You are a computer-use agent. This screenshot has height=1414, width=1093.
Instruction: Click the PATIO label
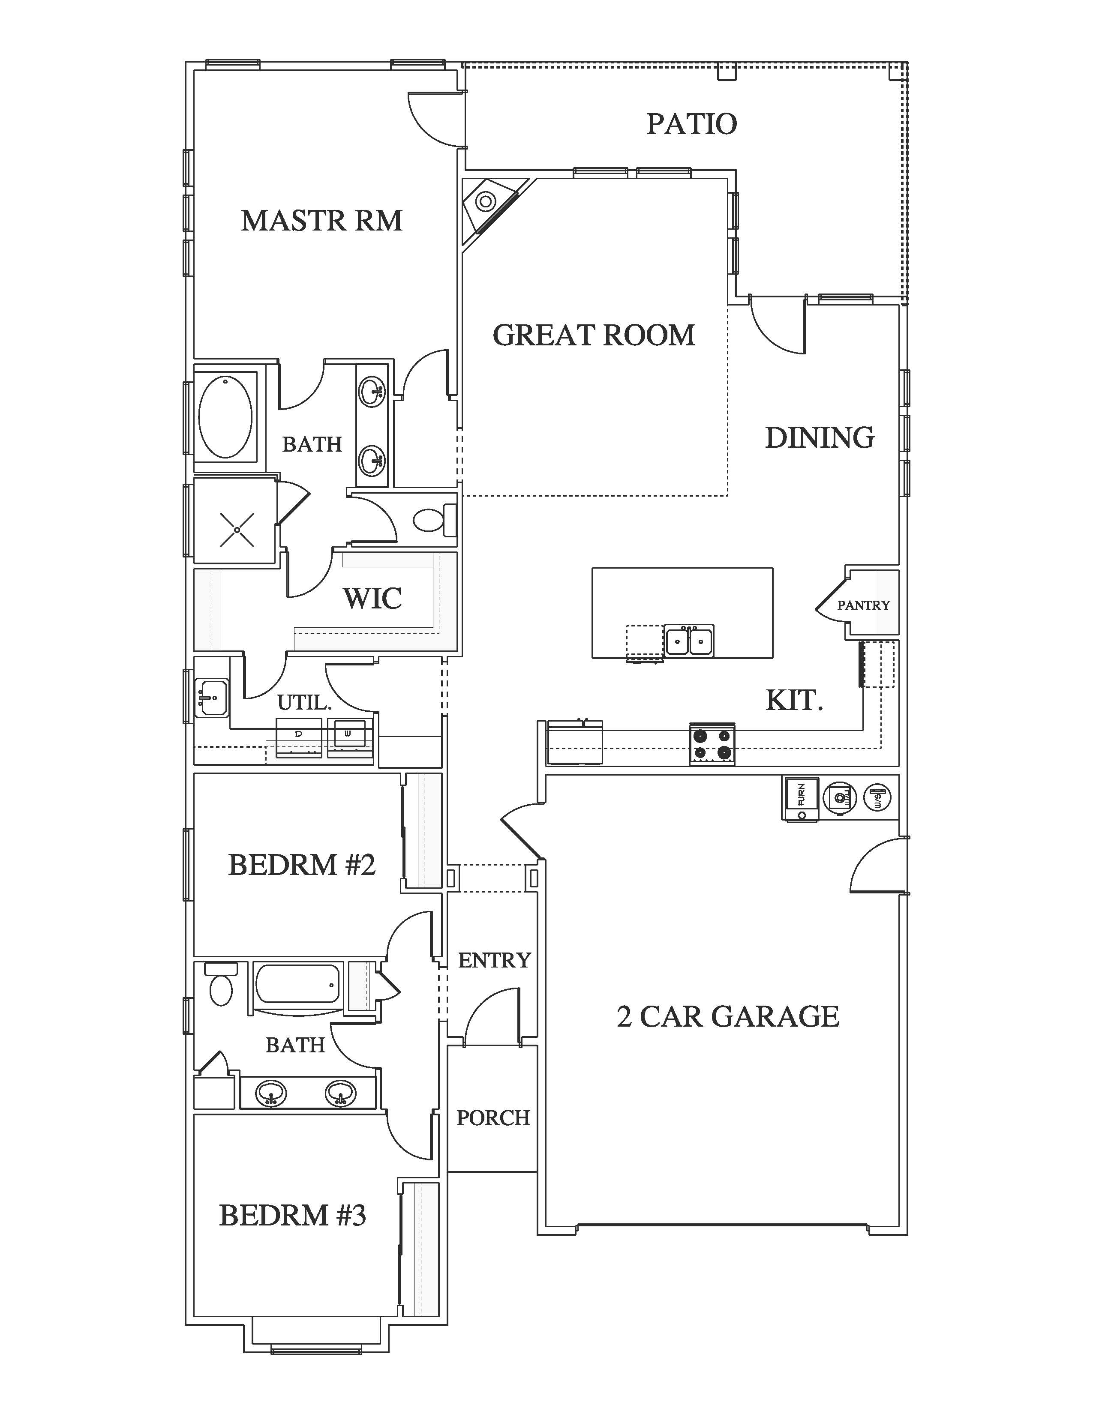point(691,124)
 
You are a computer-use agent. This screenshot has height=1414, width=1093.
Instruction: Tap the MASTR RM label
point(322,221)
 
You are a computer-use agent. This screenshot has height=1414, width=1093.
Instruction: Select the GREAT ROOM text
point(594,335)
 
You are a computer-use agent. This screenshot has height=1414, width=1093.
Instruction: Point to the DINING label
point(820,437)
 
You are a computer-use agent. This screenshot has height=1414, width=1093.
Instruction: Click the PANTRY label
point(864,605)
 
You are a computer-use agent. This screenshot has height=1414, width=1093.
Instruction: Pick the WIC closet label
point(372,598)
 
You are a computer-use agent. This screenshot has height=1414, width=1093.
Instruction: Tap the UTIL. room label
point(304,702)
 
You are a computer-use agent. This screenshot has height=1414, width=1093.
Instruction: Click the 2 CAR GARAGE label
point(728,1016)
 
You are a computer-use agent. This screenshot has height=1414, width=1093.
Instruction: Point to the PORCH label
point(493,1117)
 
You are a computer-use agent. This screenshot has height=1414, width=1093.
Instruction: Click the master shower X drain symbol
point(237,530)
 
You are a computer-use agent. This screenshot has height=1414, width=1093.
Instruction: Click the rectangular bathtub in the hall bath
point(298,986)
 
